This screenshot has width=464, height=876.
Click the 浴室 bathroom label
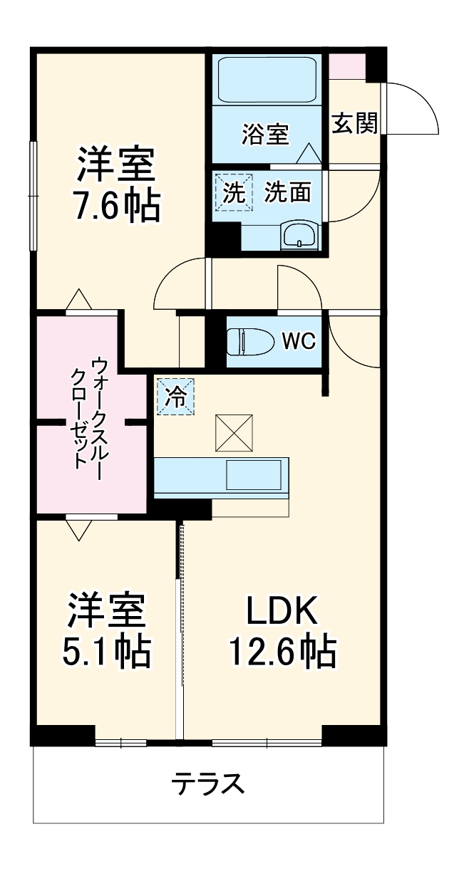tap(265, 134)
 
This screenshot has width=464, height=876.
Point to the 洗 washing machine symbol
tap(234, 192)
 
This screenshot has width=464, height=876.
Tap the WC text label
tap(298, 342)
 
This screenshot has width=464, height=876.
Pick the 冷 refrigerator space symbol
tap(175, 396)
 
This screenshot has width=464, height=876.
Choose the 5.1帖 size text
tap(107, 650)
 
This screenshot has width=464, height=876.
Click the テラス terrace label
tap(208, 785)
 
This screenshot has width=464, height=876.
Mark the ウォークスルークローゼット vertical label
tap(91, 413)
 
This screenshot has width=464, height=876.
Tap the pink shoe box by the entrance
tap(347, 66)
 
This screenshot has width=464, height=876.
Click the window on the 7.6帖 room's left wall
tap(33, 196)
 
